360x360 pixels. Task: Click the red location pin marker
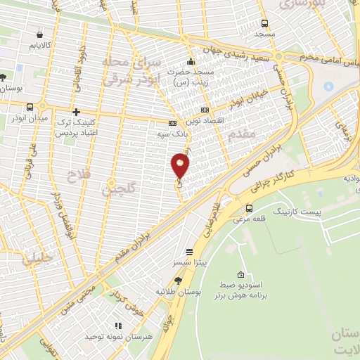181,167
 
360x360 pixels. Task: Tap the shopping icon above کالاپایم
39,34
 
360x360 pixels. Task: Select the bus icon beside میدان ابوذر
29,108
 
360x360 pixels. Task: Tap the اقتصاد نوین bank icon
205,110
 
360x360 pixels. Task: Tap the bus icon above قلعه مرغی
250,207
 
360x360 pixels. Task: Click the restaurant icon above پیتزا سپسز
189,252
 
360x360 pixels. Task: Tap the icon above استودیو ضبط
241,275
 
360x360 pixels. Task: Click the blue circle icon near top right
328,86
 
